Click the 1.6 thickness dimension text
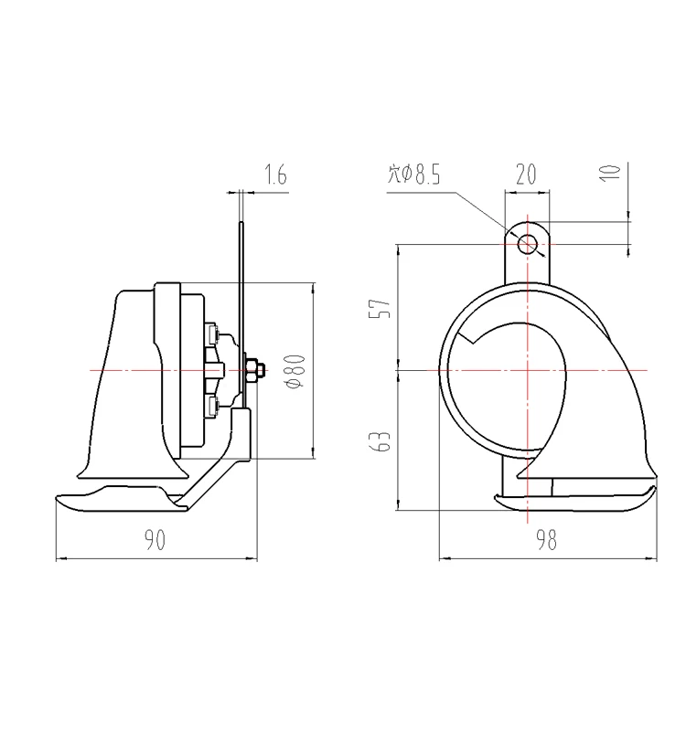coord(275,175)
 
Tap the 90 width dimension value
coord(155,541)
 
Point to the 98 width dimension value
coord(547,540)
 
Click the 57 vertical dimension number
coord(384,307)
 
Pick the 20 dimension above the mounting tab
coord(525,175)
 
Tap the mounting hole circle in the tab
coord(528,244)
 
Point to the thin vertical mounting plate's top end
coord(241,225)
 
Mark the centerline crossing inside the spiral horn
coord(528,370)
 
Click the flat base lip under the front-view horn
coord(576,501)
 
